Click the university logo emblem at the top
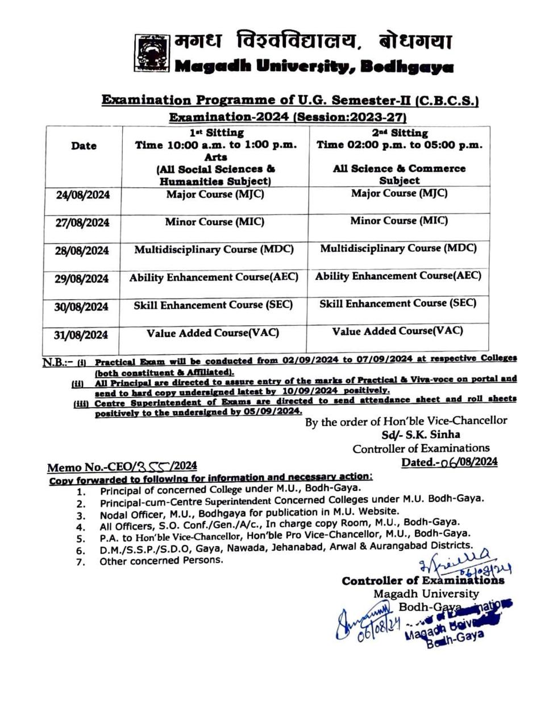152,53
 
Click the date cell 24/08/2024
83,195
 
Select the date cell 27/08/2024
83,222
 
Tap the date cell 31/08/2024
81,334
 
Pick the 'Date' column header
84,146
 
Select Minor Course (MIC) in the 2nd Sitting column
399,220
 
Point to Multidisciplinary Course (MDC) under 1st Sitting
214,250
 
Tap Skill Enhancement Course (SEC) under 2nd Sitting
398,304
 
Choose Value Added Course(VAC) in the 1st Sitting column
213,333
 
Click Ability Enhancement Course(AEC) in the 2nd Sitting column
398,276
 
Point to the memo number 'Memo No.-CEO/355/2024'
122,467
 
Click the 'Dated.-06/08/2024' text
450,462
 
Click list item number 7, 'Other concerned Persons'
161,561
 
